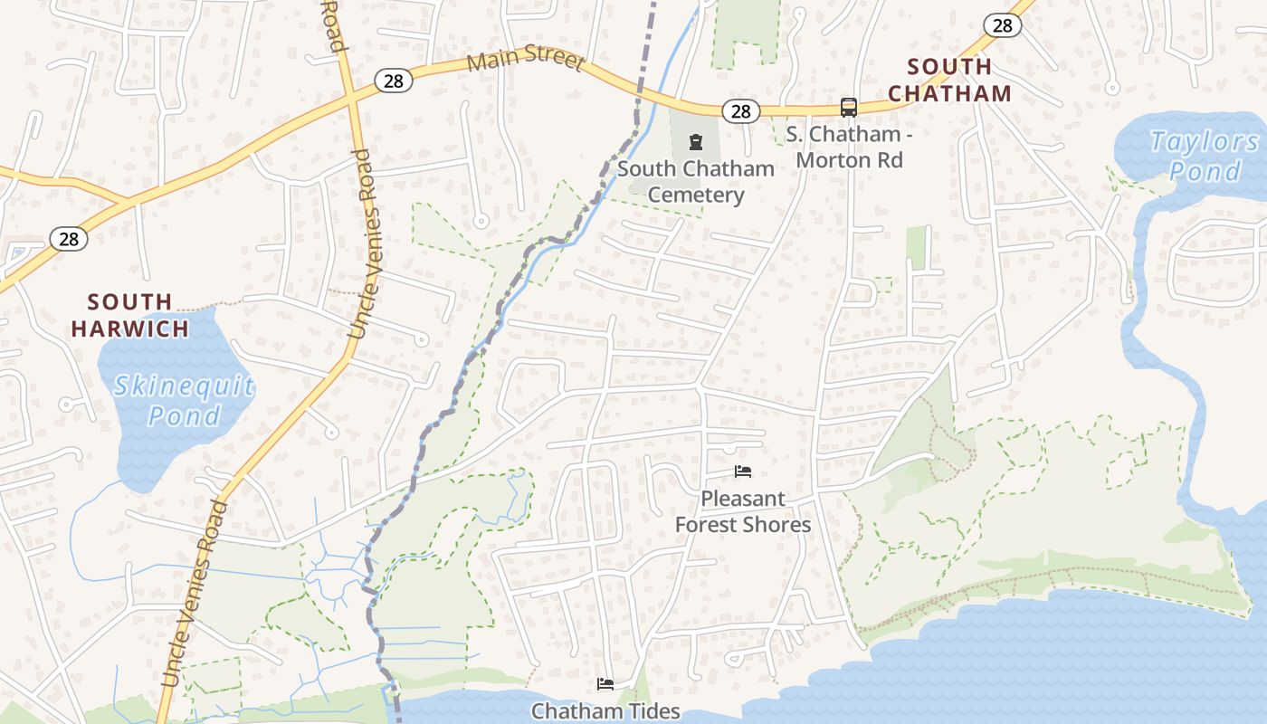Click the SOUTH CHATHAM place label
(949, 80)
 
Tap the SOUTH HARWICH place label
(130, 315)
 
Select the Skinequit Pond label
(184, 401)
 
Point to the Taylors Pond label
(1204, 156)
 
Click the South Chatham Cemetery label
(696, 181)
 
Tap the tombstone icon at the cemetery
(695, 142)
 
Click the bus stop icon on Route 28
(849, 107)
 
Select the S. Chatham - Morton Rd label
(843, 148)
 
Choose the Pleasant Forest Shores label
(743, 511)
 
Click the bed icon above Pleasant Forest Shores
(743, 472)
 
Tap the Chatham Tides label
(605, 710)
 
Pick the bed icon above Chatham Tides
(605, 683)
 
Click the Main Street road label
(526, 60)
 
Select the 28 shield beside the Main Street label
(394, 81)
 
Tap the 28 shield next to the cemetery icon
(740, 111)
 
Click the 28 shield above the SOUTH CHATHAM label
(1002, 25)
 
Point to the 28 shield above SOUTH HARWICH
(69, 239)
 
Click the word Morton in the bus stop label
(833, 160)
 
